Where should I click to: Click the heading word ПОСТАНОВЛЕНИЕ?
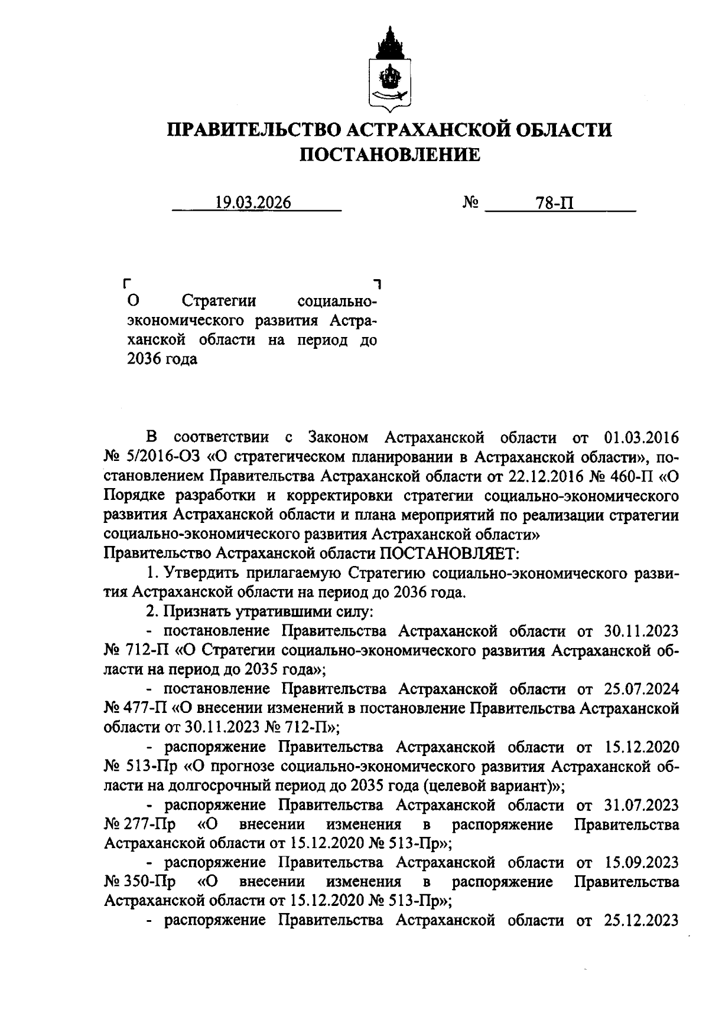[x=389, y=155]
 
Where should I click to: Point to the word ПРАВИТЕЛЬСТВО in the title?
[x=249, y=129]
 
